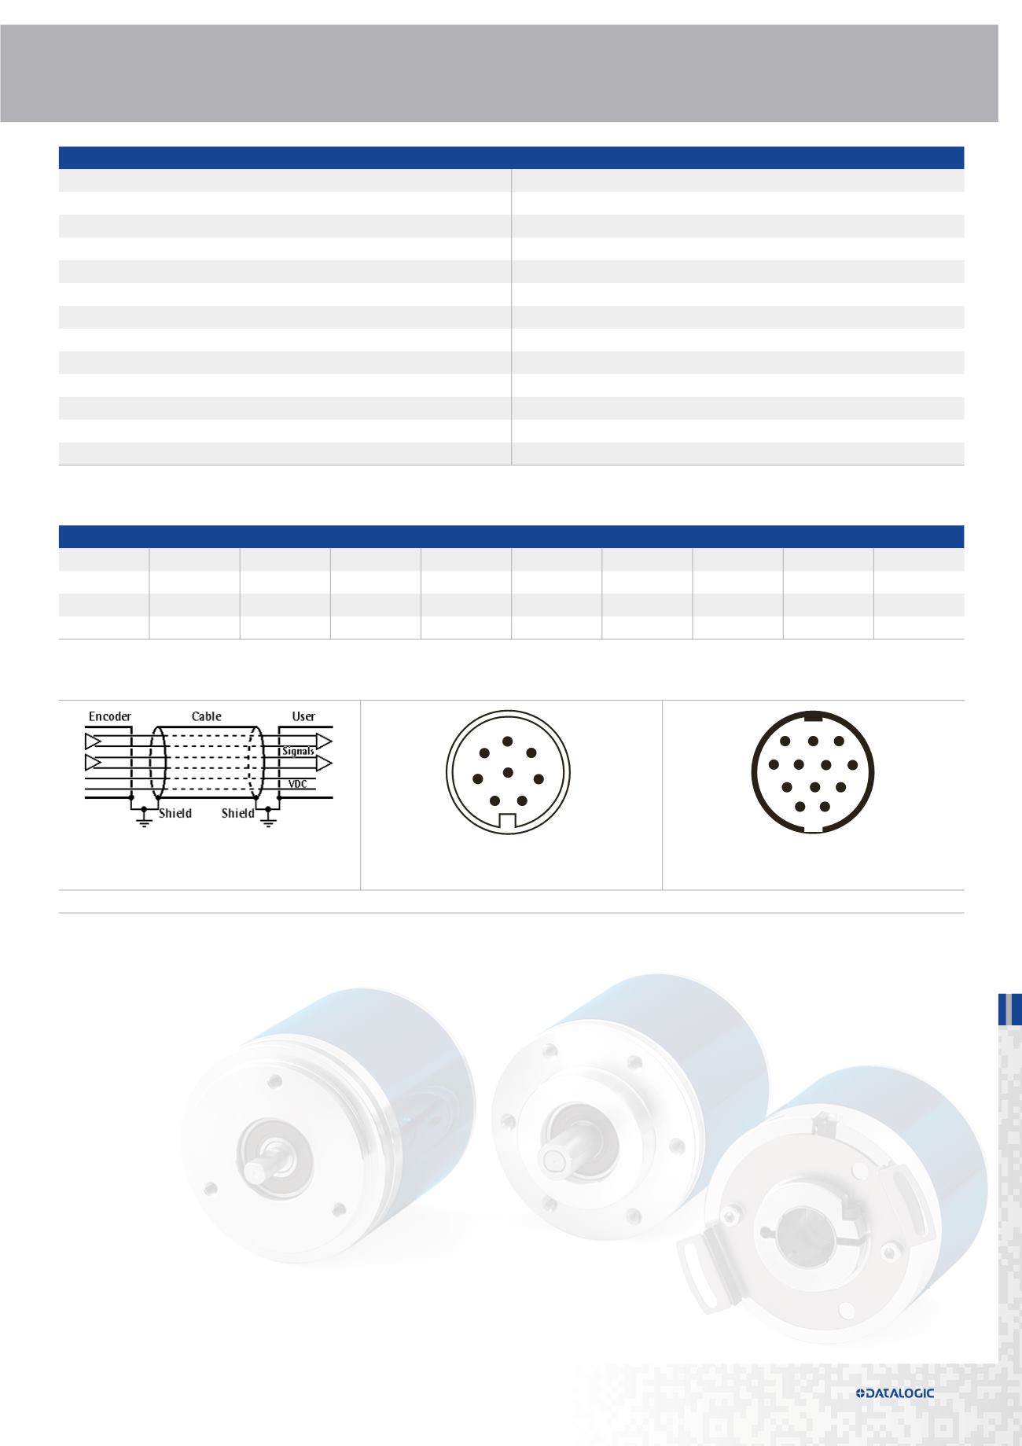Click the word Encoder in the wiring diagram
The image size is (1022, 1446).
(110, 716)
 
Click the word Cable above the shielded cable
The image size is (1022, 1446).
(207, 716)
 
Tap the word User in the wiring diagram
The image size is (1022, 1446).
(303, 716)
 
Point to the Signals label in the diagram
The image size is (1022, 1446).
(298, 752)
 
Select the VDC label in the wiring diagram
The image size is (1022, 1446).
(298, 784)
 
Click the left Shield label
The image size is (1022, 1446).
(175, 813)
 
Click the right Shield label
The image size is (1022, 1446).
(237, 813)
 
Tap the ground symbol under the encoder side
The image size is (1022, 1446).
(144, 821)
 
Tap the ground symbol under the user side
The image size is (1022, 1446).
(269, 821)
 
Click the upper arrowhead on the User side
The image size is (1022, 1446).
(324, 741)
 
